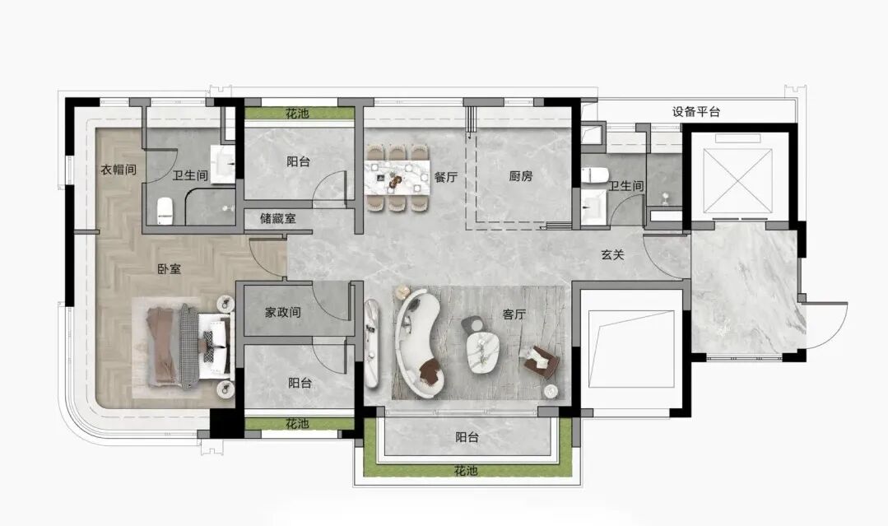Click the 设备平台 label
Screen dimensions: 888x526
pyautogui.click(x=696, y=112)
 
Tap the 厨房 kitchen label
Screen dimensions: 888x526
pyautogui.click(x=520, y=176)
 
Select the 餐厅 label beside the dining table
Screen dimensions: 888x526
pyautogui.click(x=446, y=177)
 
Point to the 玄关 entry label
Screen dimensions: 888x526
pyautogui.click(x=612, y=255)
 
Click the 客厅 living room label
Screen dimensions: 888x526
pyautogui.click(x=514, y=314)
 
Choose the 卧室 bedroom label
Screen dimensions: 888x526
pyautogui.click(x=170, y=269)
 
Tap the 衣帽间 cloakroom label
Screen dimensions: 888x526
pyautogui.click(x=119, y=170)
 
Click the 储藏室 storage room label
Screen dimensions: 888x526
pyautogui.click(x=278, y=218)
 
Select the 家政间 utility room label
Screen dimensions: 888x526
pyautogui.click(x=282, y=312)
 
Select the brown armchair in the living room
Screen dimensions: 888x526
pyautogui.click(x=540, y=360)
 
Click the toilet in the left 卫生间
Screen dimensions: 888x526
pyautogui.click(x=165, y=210)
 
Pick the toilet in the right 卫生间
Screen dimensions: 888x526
pyautogui.click(x=594, y=175)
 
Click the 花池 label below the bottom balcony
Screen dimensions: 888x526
pyautogui.click(x=466, y=471)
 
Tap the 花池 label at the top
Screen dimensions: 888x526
pyautogui.click(x=297, y=114)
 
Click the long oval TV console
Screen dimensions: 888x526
pyautogui.click(x=371, y=343)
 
